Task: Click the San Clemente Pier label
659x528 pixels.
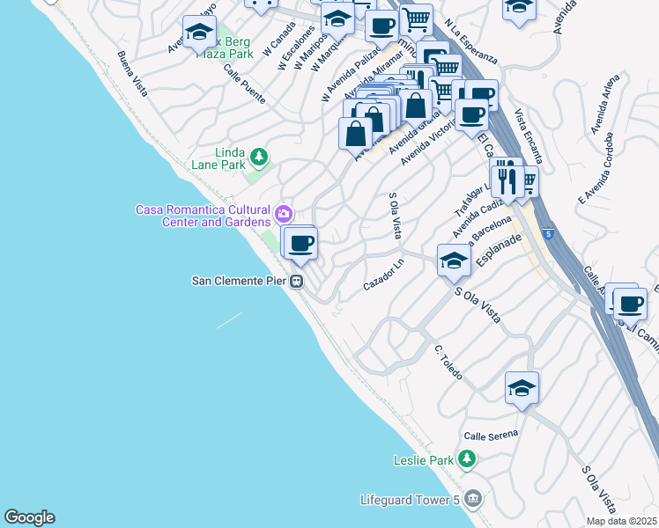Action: click(241, 282)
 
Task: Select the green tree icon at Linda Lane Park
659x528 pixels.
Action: click(258, 158)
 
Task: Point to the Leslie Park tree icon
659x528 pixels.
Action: click(467, 459)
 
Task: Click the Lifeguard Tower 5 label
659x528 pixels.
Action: click(411, 500)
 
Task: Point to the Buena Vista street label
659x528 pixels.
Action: click(132, 73)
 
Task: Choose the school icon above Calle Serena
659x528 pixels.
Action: click(522, 387)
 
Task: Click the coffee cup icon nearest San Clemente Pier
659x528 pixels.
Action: click(300, 242)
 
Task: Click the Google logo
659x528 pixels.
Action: click(29, 517)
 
